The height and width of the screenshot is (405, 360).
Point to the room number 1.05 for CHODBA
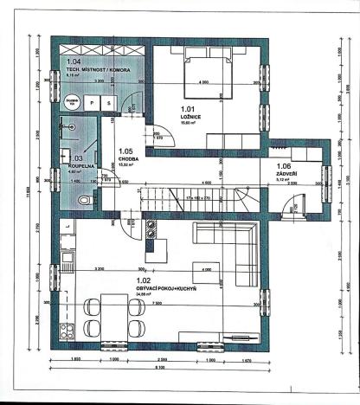[x=125, y=151]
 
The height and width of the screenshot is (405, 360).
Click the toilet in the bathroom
[x=82, y=200]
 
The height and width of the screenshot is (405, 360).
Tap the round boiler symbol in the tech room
[x=70, y=101]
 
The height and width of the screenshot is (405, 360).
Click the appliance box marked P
[x=92, y=101]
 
